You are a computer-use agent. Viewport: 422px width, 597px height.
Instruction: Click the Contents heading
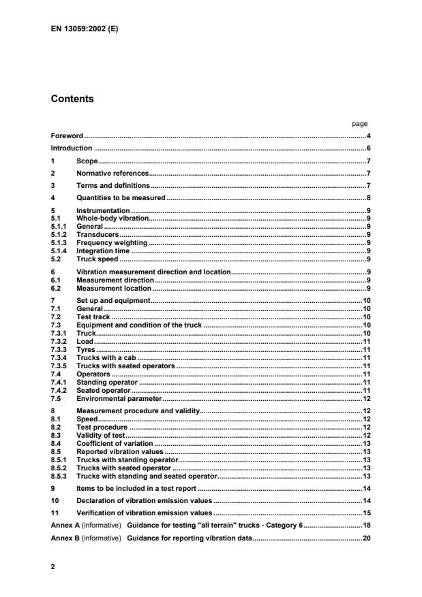(x=72, y=99)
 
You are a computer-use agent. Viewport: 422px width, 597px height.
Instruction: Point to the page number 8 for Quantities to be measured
(x=368, y=197)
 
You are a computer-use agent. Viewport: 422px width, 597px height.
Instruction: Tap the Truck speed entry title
(x=97, y=259)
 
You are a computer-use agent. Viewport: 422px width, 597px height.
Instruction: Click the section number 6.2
(x=56, y=289)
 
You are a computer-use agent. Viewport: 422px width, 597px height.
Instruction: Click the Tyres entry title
(x=87, y=349)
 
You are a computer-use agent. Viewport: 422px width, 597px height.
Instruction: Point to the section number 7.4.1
(x=59, y=382)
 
